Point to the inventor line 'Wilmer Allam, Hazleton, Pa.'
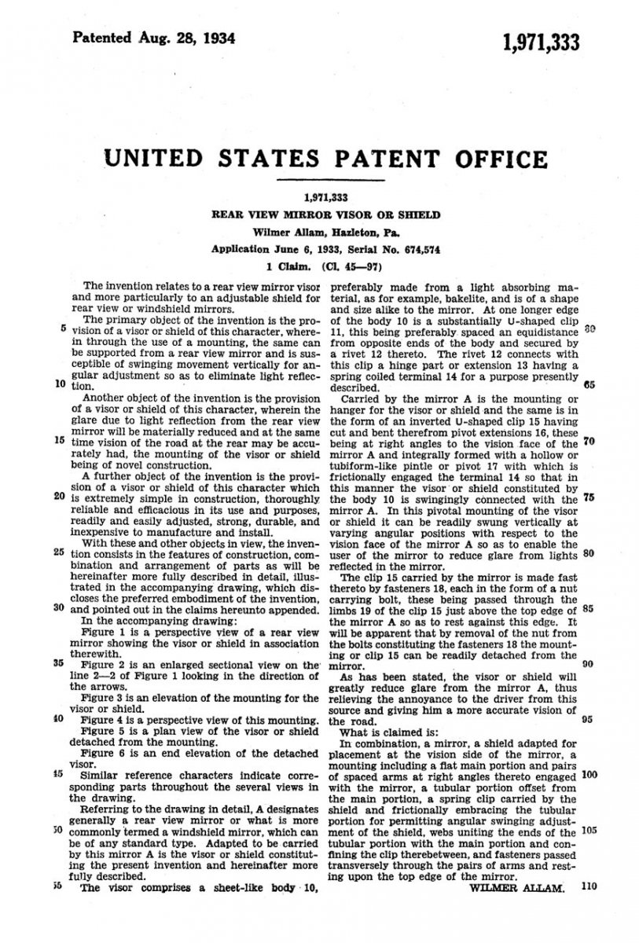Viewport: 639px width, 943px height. (322, 232)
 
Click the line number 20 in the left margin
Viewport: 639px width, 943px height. (60, 496)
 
